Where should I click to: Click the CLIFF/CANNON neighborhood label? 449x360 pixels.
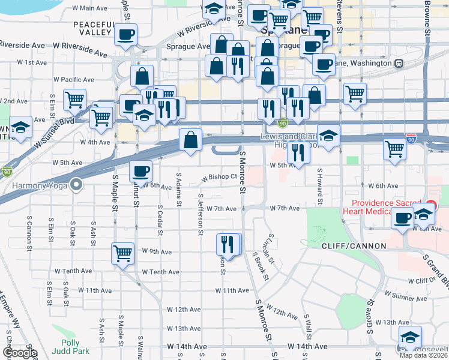[x=348, y=247]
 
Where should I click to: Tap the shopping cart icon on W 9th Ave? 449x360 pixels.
[x=122, y=253]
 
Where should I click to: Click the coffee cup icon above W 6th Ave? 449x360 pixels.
[x=141, y=172]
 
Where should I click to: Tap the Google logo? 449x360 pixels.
[x=20, y=353]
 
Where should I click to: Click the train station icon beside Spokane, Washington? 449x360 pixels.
[x=398, y=63]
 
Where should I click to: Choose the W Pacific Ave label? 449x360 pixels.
[x=73, y=79]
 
